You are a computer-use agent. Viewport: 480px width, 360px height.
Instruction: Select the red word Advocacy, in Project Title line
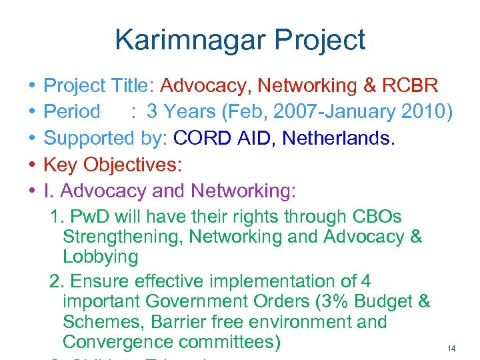207,85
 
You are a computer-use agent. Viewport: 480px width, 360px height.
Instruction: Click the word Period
71,111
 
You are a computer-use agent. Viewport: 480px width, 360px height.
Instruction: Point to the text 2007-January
319,111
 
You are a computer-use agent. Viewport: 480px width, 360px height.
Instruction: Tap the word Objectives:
132,164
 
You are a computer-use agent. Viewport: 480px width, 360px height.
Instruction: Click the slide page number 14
451,349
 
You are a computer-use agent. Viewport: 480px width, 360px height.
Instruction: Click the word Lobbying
101,257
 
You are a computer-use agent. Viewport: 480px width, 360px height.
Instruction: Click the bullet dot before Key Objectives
33,165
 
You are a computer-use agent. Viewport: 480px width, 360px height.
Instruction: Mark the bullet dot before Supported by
33,139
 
